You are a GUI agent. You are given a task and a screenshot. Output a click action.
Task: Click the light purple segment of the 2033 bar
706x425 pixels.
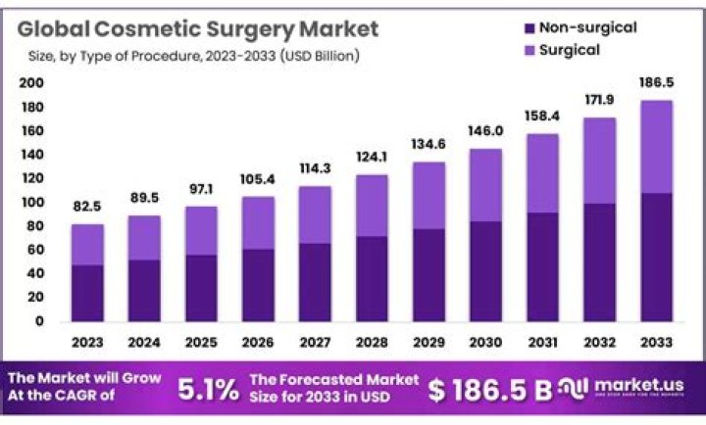tap(657, 147)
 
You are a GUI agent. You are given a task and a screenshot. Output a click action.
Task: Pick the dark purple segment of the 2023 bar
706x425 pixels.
tap(88, 292)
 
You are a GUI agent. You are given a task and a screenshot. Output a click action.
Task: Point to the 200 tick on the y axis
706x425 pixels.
tap(31, 83)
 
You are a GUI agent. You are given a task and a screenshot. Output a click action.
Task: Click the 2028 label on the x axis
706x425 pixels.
tap(373, 342)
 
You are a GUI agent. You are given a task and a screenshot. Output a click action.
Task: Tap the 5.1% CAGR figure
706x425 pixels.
tap(208, 390)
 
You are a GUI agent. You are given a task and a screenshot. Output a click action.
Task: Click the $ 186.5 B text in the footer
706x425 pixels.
tap(490, 390)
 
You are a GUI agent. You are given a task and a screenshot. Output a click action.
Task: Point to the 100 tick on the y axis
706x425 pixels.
tap(31, 202)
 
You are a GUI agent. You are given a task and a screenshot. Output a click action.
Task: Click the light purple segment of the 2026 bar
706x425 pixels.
tap(259, 223)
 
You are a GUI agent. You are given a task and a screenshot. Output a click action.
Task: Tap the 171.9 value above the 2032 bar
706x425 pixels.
tap(600, 102)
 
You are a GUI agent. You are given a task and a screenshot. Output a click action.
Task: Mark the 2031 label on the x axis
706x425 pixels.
tap(543, 342)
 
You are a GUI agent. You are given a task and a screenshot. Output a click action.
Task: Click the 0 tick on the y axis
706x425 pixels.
tap(38, 320)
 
